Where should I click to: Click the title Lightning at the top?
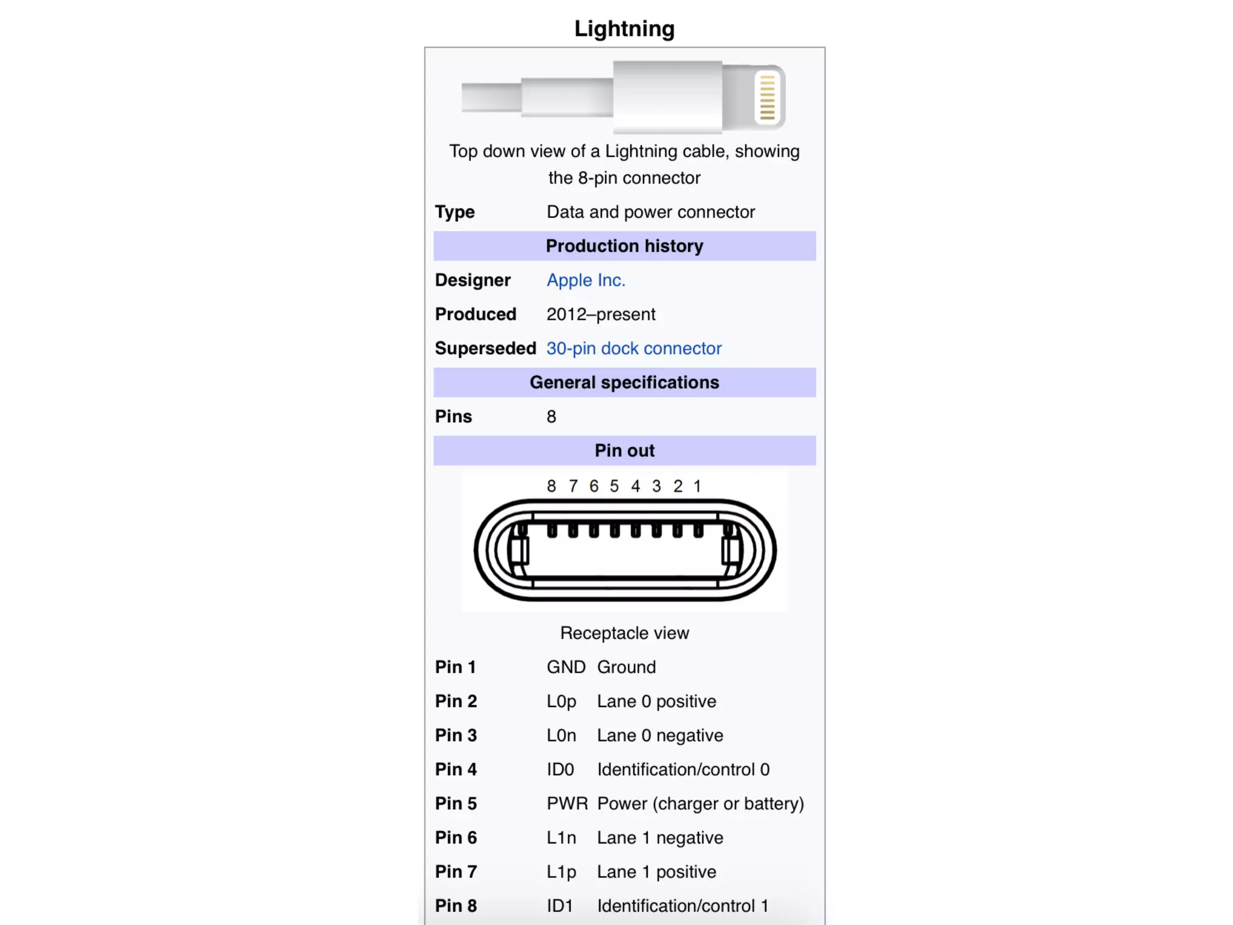tap(624, 28)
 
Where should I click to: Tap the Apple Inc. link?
tap(586, 280)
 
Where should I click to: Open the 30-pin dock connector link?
tap(633, 348)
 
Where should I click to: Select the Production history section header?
tap(624, 246)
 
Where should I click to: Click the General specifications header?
tap(624, 382)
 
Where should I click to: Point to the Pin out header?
tap(624, 450)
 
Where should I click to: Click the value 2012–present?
tap(600, 314)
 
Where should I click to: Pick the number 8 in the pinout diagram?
tap(551, 486)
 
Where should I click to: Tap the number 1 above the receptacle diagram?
tap(697, 486)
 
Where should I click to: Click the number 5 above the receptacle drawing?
tap(614, 486)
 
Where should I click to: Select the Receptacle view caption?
tap(624, 633)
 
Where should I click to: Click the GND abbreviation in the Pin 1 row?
tap(565, 667)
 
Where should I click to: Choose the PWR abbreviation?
tap(567, 803)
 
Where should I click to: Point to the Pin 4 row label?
tap(456, 770)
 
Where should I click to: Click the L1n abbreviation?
tap(561, 838)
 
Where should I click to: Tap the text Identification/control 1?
tap(683, 906)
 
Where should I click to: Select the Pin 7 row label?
tap(456, 872)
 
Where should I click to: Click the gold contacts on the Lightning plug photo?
tap(767, 96)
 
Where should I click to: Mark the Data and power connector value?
tap(650, 212)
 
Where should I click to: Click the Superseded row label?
tap(485, 348)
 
